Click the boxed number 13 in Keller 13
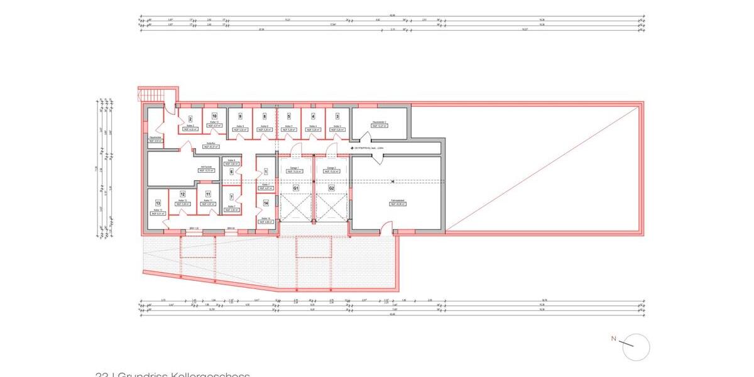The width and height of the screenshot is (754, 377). point(158,203)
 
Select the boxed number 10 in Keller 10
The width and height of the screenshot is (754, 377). point(214,116)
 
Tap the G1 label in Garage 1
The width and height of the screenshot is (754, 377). point(295,188)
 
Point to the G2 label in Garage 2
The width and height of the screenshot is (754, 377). point(331,188)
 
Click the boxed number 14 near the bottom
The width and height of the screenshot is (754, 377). point(266,203)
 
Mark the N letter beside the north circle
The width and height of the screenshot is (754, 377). point(614,339)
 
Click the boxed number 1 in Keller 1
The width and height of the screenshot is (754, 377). point(266,172)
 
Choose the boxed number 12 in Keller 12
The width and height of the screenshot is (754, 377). point(183,195)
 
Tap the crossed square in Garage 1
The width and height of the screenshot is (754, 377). point(295,207)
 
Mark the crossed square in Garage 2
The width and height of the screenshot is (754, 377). point(332,207)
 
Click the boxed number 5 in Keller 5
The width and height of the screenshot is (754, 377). point(288,116)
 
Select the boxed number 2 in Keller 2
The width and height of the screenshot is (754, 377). point(190,119)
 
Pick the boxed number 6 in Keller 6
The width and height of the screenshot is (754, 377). point(231,172)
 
